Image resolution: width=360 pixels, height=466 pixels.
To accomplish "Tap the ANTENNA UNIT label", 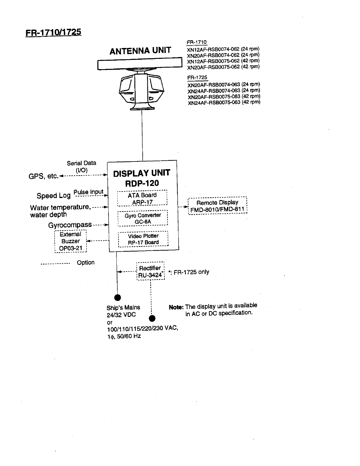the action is (140, 51).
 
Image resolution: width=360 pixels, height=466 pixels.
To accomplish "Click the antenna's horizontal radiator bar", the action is (140, 64).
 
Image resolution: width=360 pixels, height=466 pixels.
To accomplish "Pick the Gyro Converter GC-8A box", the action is (143, 218).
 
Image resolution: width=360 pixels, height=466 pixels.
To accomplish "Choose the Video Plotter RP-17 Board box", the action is (143, 239).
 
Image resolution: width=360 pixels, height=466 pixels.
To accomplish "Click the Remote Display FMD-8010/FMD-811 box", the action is (217, 206).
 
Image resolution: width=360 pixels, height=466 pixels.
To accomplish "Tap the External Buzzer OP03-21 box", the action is (71, 241).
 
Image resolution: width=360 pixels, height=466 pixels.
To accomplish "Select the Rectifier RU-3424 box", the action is (150, 271).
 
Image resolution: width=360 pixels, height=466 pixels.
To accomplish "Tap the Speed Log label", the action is (54, 196).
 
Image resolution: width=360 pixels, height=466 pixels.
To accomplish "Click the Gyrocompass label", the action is (70, 225).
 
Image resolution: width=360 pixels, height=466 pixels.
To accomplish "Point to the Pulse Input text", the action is (88, 192).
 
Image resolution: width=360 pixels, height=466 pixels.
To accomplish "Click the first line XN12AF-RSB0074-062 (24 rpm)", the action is (223, 49).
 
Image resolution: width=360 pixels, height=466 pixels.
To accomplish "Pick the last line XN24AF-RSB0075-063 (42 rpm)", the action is (224, 102).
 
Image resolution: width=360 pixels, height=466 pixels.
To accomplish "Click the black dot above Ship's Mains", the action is (117, 297).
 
